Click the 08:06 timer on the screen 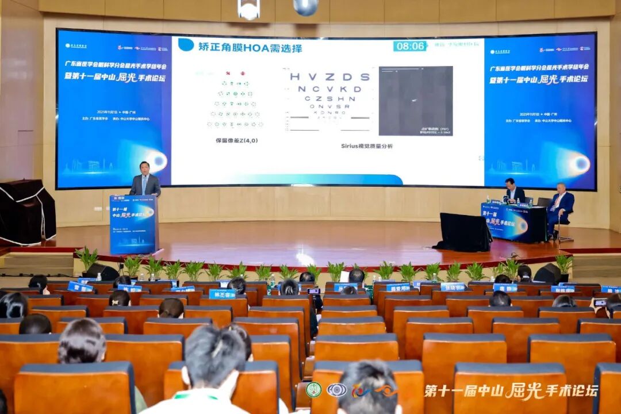[x=410, y=46]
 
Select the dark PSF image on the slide [x=415, y=101]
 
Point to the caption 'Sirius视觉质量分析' [x=367, y=146]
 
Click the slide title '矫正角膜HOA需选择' [x=250, y=48]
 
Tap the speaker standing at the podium [x=145, y=181]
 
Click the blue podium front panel [x=132, y=224]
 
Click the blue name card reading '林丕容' [x=222, y=294]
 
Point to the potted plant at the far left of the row [x=86, y=258]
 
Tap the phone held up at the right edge [x=600, y=302]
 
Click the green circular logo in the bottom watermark [x=313, y=390]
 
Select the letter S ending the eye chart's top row [x=365, y=76]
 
